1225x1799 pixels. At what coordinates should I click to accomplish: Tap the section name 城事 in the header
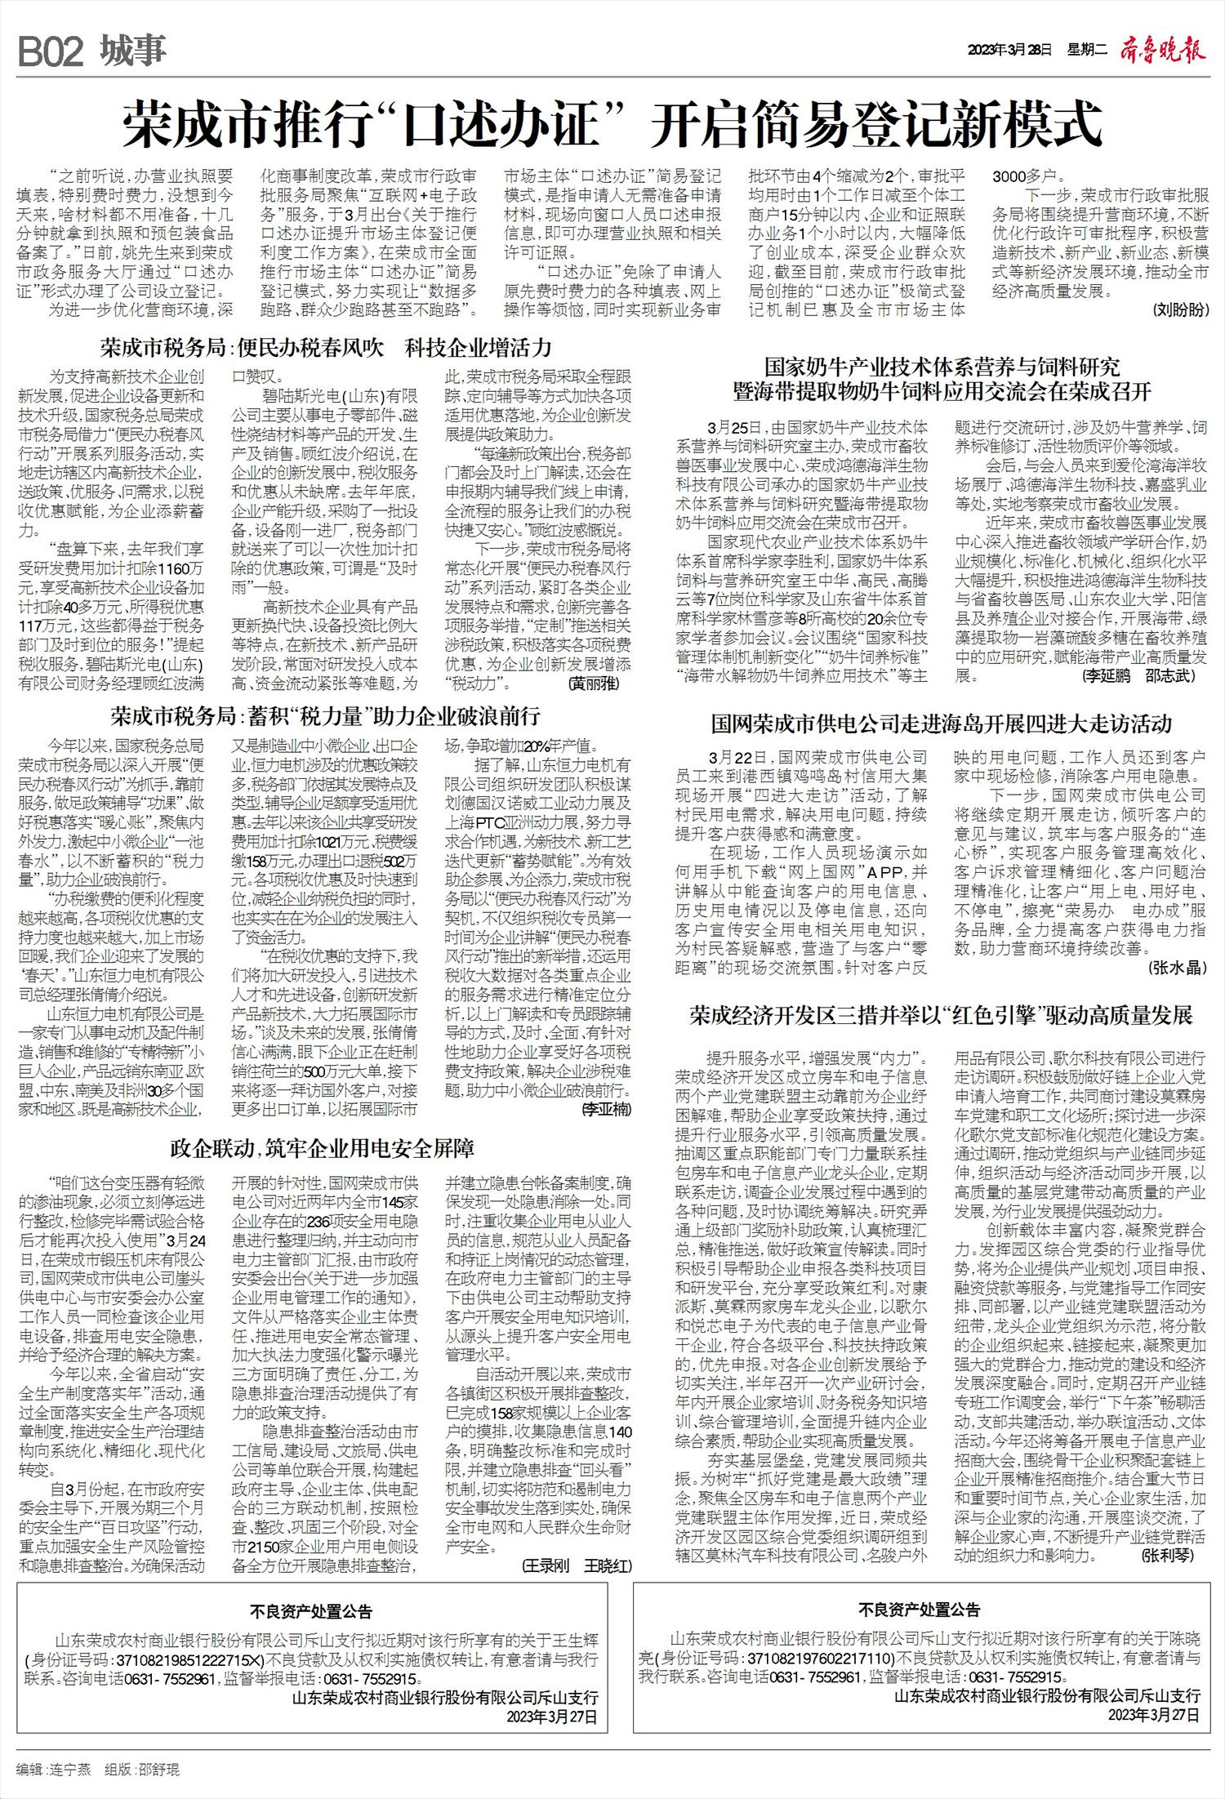[x=134, y=51]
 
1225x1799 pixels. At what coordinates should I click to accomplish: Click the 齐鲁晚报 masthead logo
[x=1162, y=51]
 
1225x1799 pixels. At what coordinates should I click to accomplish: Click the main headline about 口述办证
[x=612, y=123]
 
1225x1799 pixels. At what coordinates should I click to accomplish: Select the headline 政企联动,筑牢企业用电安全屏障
[x=323, y=1148]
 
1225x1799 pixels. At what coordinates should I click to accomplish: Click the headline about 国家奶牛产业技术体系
[x=942, y=379]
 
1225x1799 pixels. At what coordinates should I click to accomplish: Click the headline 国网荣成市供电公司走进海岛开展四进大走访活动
[x=941, y=724]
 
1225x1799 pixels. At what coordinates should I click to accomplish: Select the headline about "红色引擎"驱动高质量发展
[x=941, y=1015]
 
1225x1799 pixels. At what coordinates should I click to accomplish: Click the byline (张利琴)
[x=1168, y=1556]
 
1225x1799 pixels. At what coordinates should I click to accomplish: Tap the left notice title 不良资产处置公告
[x=311, y=1611]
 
